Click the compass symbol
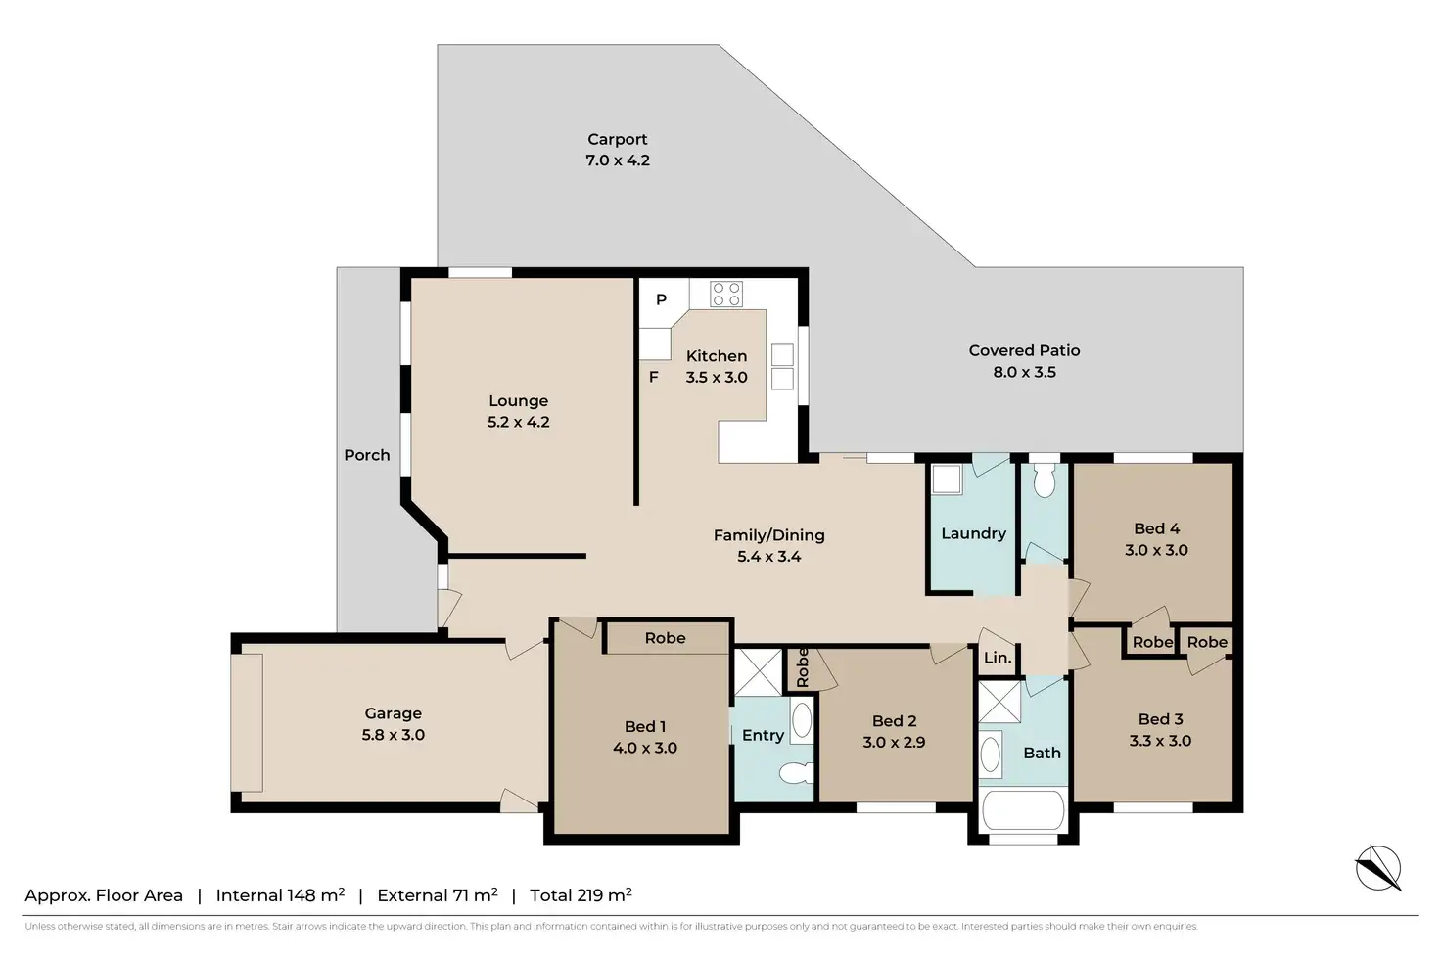point(1378,867)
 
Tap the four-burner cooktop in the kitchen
point(726,294)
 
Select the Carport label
point(617,139)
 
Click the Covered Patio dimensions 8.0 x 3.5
point(1024,372)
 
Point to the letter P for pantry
point(661,299)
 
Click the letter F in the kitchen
point(653,377)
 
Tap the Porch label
point(367,455)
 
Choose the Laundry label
point(973,533)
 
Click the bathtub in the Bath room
point(1023,809)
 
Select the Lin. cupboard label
point(998,658)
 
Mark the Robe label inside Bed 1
point(665,638)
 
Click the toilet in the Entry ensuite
point(797,772)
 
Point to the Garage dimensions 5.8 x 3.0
point(394,734)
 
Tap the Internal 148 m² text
point(281,895)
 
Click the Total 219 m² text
point(581,895)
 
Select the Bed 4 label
point(1156,528)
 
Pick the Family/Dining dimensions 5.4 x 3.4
point(768,556)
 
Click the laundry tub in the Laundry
point(947,480)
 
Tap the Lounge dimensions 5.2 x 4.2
point(518,422)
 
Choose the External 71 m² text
point(438,895)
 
